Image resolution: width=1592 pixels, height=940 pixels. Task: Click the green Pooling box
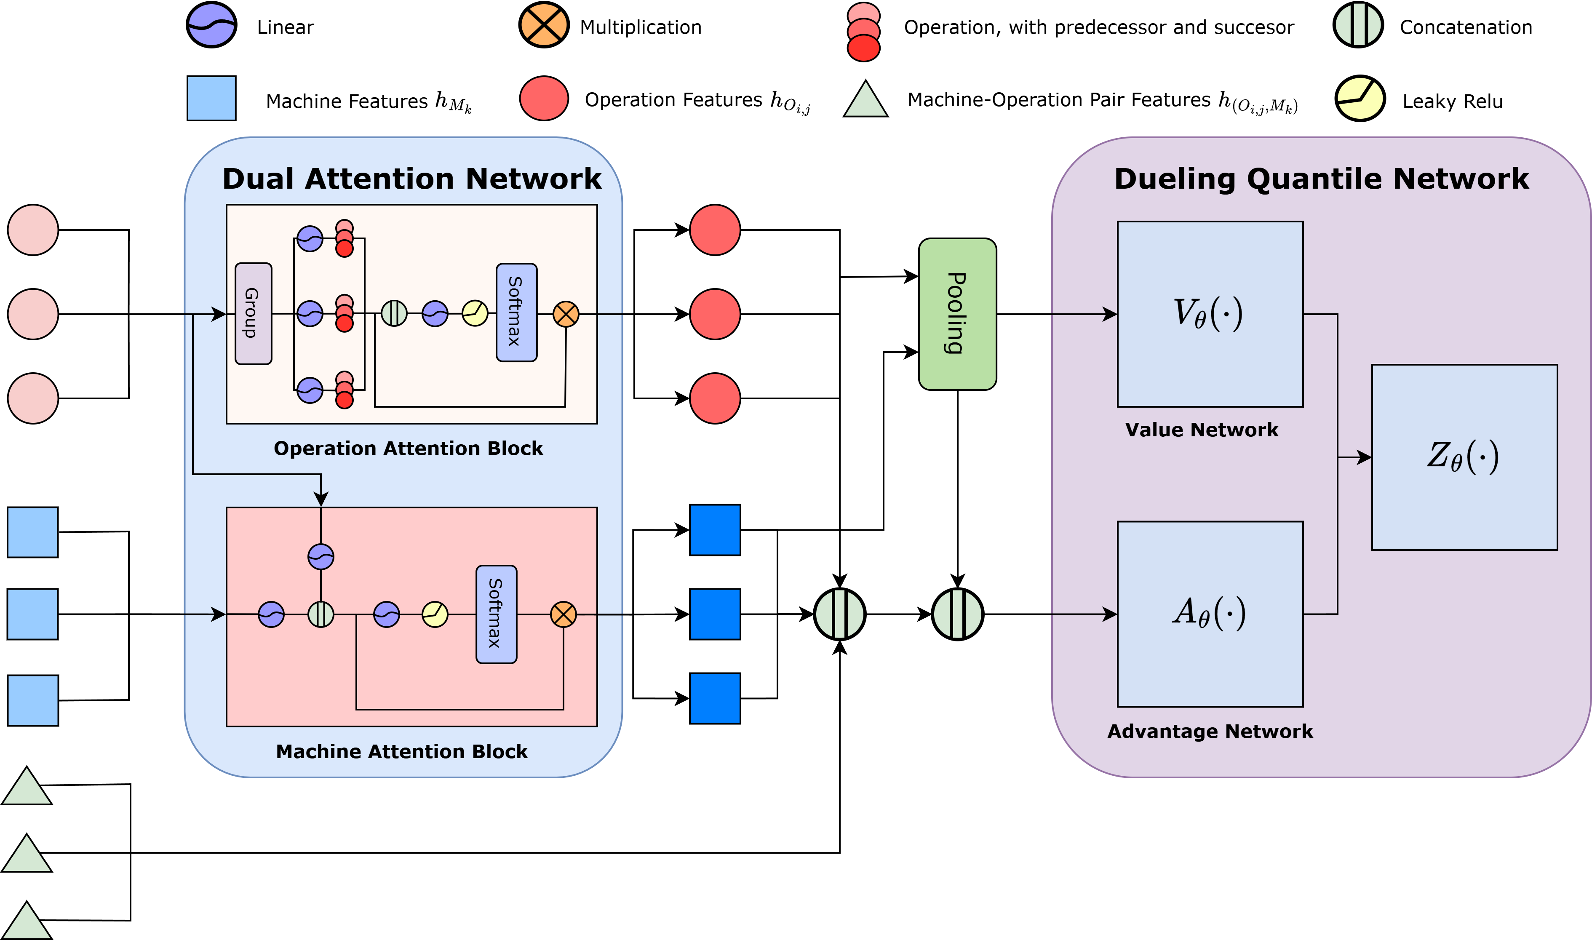957,314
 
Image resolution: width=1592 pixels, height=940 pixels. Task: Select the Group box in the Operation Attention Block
253,314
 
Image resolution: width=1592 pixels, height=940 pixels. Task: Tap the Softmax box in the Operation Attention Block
516,312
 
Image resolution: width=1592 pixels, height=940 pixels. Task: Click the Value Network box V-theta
1210,314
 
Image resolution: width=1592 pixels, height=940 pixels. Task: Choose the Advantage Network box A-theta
1210,613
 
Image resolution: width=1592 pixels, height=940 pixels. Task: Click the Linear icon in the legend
211,25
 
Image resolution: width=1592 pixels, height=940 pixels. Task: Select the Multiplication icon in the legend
543,25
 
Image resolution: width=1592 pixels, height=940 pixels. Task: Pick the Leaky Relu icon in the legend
1360,99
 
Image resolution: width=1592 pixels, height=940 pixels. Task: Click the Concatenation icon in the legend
1358,25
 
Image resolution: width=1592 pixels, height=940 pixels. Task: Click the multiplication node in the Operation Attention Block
566,314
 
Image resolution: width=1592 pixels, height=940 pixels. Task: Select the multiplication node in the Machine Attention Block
563,614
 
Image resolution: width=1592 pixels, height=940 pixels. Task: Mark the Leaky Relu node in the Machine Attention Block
435,614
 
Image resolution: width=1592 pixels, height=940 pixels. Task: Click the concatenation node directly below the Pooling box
957,614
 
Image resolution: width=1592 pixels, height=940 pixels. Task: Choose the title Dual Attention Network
411,179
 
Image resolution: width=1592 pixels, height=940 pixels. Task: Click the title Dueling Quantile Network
1321,179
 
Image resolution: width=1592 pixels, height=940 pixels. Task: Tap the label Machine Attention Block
401,751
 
